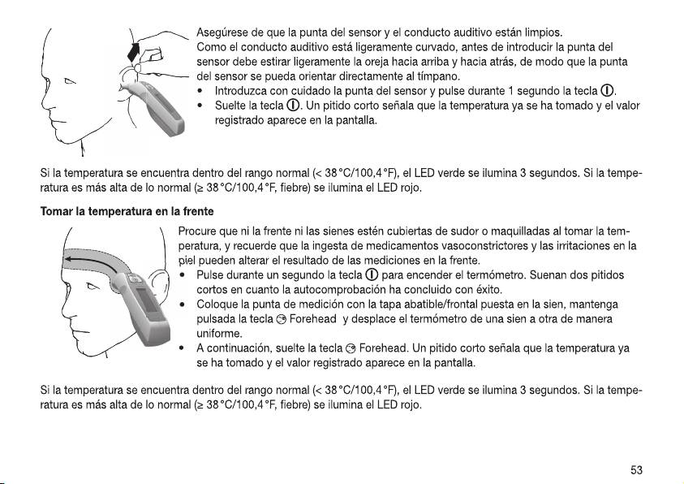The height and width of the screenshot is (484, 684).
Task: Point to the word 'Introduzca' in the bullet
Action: pos(241,91)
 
